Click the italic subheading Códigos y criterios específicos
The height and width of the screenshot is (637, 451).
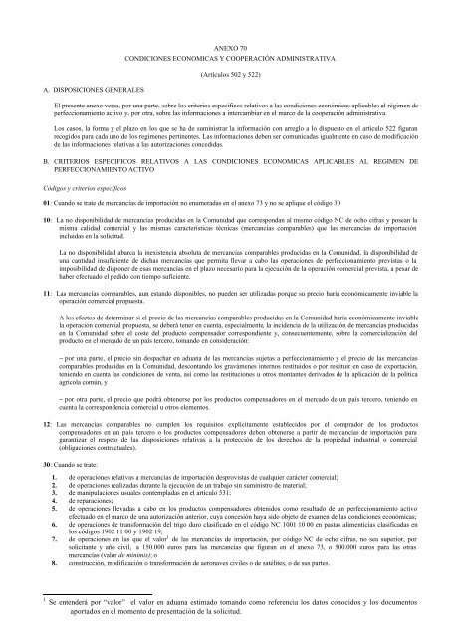(x=70, y=186)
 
